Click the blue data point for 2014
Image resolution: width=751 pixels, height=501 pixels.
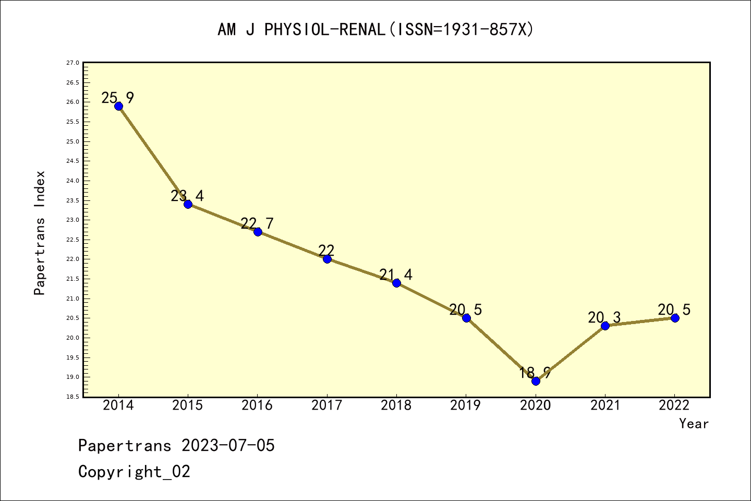click(x=118, y=106)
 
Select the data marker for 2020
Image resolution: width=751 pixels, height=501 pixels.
click(x=536, y=381)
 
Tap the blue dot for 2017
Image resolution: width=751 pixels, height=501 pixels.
click(x=327, y=259)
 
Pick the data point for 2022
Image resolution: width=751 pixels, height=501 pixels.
click(x=675, y=318)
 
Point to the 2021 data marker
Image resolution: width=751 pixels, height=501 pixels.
click(x=605, y=326)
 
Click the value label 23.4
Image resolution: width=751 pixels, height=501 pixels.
click(x=187, y=196)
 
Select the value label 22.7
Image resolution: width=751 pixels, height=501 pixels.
click(x=257, y=223)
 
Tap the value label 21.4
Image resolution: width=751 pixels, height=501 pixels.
click(x=396, y=275)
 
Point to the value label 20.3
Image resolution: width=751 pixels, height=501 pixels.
click(x=604, y=317)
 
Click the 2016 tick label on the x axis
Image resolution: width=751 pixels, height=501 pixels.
click(x=257, y=405)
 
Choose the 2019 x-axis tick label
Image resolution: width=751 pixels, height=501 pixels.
click(x=466, y=405)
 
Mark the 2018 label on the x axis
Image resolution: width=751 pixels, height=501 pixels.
click(x=396, y=405)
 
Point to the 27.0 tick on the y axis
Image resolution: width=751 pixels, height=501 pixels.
click(x=73, y=63)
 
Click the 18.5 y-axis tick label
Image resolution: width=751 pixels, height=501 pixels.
click(x=73, y=397)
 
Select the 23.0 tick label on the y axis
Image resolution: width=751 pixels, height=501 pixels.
click(x=73, y=220)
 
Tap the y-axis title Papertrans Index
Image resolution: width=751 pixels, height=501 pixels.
click(x=40, y=233)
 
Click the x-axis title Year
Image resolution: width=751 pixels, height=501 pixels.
click(x=694, y=424)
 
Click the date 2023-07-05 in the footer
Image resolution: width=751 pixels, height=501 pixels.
click(x=228, y=446)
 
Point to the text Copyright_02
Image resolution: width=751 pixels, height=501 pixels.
click(x=135, y=472)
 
